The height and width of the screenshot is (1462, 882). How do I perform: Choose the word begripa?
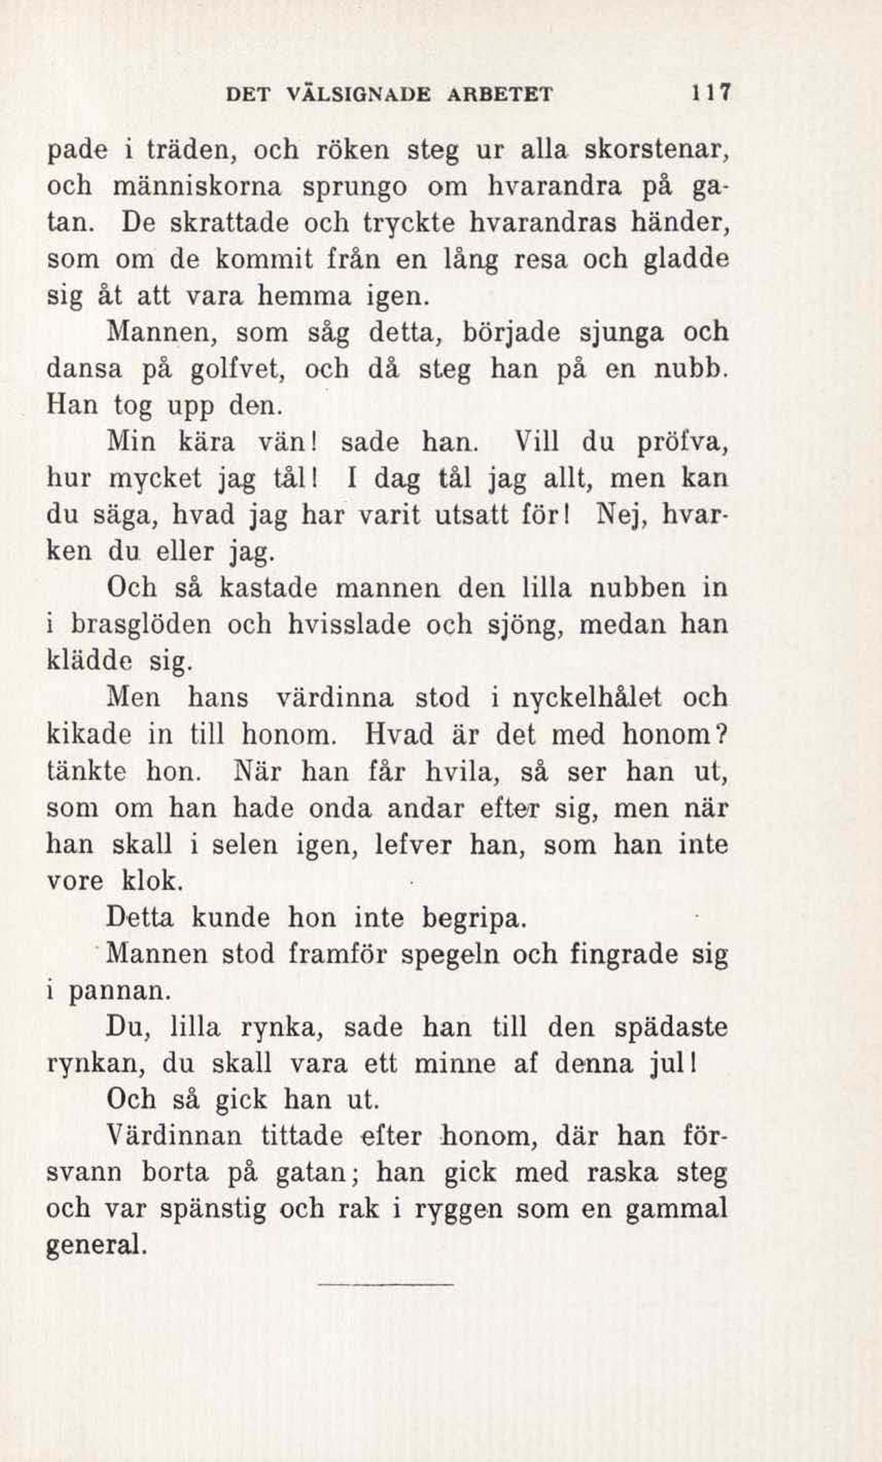click(474, 918)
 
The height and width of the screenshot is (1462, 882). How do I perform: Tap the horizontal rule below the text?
click(388, 1283)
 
